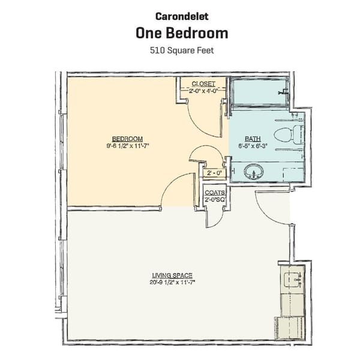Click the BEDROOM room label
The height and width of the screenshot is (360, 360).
127,137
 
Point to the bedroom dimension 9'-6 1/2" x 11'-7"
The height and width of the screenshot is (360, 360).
127,145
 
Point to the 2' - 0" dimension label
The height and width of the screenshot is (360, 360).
214,173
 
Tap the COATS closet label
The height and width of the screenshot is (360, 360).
214,193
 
